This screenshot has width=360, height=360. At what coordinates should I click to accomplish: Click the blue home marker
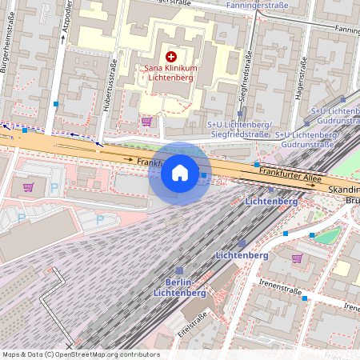[180, 172]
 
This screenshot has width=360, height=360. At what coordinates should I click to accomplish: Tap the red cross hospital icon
[170, 57]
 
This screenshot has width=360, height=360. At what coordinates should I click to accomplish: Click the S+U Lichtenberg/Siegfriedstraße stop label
[240, 130]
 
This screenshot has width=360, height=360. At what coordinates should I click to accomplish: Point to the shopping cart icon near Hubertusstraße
[146, 122]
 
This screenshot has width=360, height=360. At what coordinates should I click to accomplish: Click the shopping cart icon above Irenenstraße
[297, 258]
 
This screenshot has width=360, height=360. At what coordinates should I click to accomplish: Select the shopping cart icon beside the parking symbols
[29, 187]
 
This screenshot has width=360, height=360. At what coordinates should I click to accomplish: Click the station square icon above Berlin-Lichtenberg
[180, 271]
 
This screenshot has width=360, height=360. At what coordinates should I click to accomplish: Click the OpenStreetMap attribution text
[80, 354]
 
